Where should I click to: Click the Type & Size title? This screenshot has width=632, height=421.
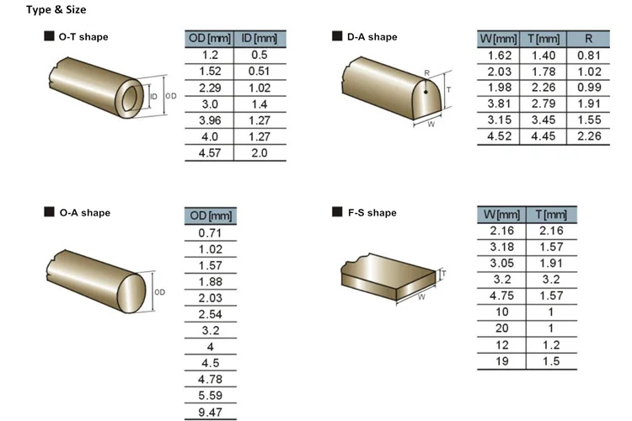(x=56, y=9)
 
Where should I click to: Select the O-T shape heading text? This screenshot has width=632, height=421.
(x=83, y=37)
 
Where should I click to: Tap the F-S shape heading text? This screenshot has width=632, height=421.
(x=372, y=213)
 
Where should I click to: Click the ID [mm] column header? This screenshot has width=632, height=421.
(x=260, y=39)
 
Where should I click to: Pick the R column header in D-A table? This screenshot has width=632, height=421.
(x=588, y=39)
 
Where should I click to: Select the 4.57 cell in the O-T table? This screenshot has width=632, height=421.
(x=210, y=153)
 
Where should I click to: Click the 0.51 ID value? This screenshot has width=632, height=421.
(x=259, y=72)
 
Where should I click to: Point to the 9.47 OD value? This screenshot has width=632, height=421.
(x=210, y=412)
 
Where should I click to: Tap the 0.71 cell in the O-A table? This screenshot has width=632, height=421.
(x=210, y=233)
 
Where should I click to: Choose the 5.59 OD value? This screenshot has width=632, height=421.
(x=210, y=396)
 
